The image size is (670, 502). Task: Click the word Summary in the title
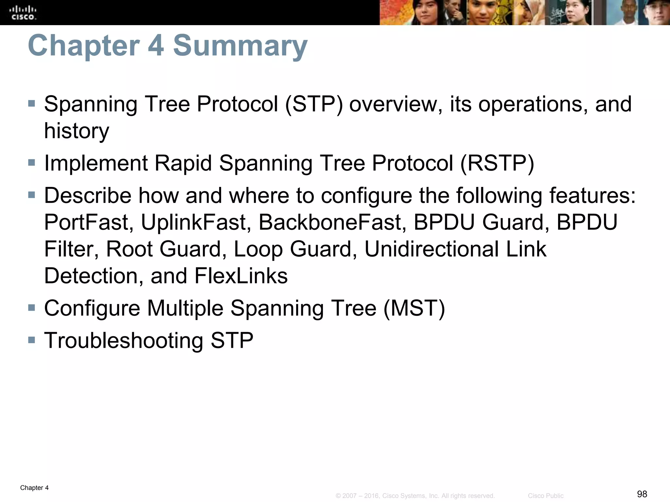click(240, 45)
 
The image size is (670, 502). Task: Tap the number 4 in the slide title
click(156, 45)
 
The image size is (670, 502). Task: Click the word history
click(77, 131)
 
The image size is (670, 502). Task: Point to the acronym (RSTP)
click(497, 163)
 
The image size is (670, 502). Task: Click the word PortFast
click(89, 223)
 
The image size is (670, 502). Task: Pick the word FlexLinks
click(241, 276)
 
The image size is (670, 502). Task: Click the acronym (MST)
click(414, 308)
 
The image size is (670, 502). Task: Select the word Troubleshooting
click(124, 341)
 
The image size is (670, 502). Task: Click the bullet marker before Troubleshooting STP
click(31, 340)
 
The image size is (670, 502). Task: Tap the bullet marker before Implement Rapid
click(31, 162)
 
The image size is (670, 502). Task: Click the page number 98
click(642, 494)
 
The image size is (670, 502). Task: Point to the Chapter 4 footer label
click(34, 488)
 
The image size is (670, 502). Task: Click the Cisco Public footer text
click(545, 496)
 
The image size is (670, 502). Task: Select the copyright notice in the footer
click(415, 496)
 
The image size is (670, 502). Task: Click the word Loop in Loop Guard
click(258, 249)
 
